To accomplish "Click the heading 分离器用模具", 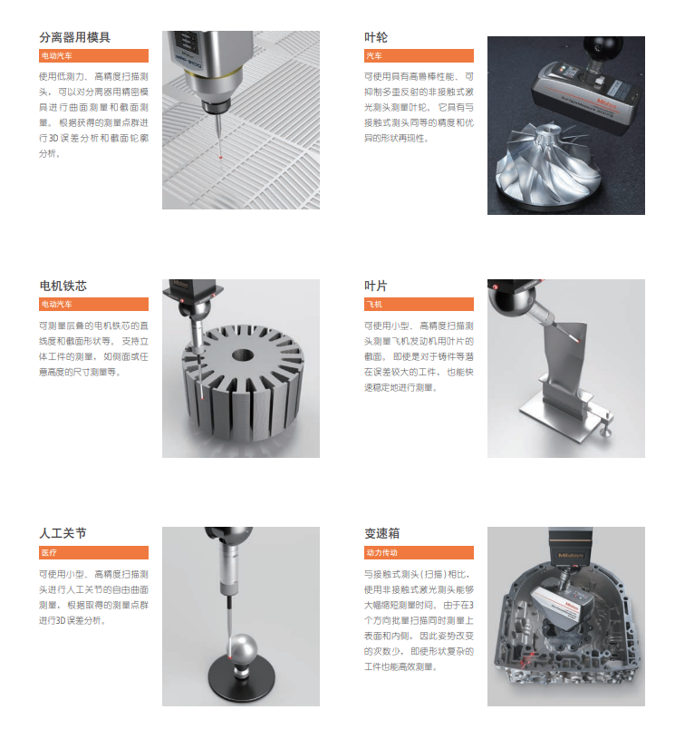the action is click(75, 37).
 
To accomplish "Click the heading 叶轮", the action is click(376, 37).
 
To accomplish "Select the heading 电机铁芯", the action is click(63, 286).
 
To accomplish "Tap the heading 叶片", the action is click(376, 286).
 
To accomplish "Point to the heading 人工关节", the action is click(63, 533).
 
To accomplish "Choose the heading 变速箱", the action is click(381, 533).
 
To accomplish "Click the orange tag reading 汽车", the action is click(419, 56).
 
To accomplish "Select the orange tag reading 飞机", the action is click(419, 304).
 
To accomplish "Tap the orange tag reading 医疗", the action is click(93, 552).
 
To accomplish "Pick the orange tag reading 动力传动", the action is click(419, 552).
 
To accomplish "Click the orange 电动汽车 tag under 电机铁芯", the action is click(93, 304).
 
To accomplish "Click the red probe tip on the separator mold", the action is click(221, 158).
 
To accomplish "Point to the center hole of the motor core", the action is click(243, 356).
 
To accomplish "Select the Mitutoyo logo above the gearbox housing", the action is click(570, 555).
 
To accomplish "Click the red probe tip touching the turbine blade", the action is click(579, 340).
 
